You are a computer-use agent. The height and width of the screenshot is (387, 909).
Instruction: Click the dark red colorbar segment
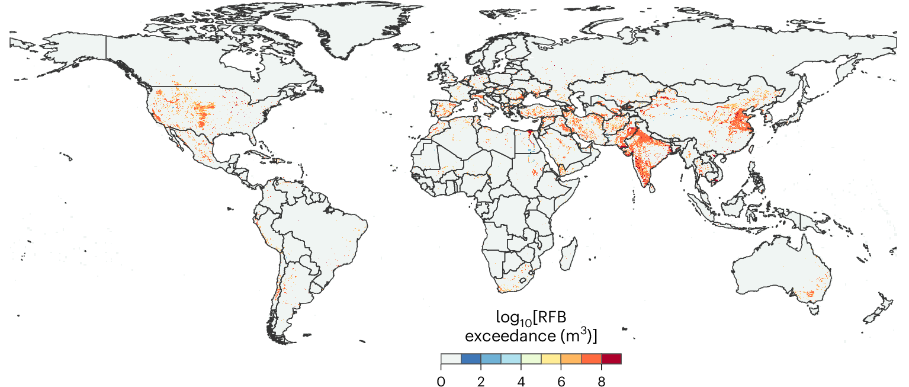point(611,359)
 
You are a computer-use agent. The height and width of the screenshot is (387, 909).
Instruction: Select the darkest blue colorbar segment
point(471,359)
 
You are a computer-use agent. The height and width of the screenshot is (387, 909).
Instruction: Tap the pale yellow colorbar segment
point(551,359)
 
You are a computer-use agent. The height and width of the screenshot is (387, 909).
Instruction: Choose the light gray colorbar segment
point(451,359)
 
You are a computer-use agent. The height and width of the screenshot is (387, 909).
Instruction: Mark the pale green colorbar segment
point(531,359)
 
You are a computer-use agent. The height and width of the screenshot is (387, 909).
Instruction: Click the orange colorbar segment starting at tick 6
point(571,359)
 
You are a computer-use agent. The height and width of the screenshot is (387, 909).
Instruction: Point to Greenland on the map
point(349,30)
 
